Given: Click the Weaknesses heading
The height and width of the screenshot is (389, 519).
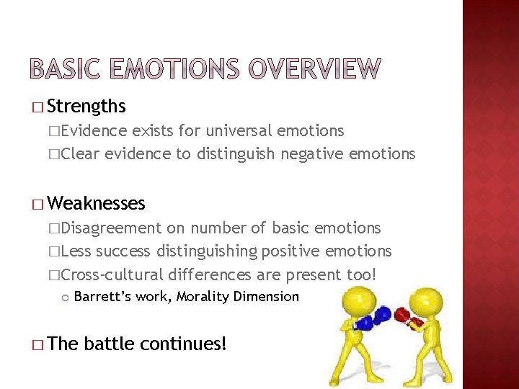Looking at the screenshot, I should [x=96, y=204].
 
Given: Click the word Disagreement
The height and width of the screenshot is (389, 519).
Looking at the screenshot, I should [x=112, y=228].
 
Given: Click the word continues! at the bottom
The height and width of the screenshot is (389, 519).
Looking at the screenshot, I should [x=183, y=344].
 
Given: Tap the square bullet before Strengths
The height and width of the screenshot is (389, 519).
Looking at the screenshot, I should [x=37, y=108].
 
